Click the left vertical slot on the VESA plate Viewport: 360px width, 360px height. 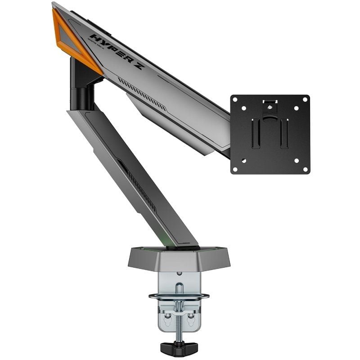256,134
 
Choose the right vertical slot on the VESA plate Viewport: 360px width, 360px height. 284,134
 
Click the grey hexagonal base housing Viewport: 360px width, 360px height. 180,258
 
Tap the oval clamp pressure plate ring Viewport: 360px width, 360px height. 180,297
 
